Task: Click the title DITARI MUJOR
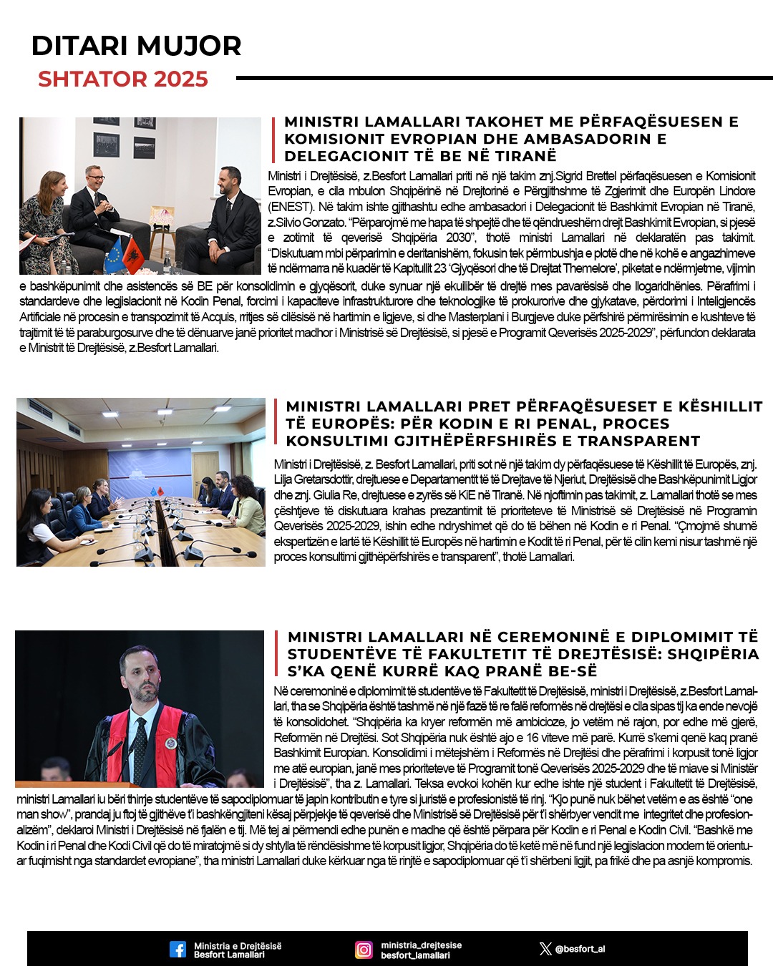tap(136, 46)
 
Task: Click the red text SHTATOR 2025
tap(123, 79)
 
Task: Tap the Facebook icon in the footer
tap(178, 950)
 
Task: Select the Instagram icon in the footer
tap(364, 950)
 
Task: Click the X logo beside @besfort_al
tap(545, 950)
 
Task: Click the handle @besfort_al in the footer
tap(580, 950)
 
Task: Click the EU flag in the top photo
tap(115, 255)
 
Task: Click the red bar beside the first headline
tap(274, 139)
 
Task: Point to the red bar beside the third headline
tap(276, 654)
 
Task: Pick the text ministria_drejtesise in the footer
tap(421, 945)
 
